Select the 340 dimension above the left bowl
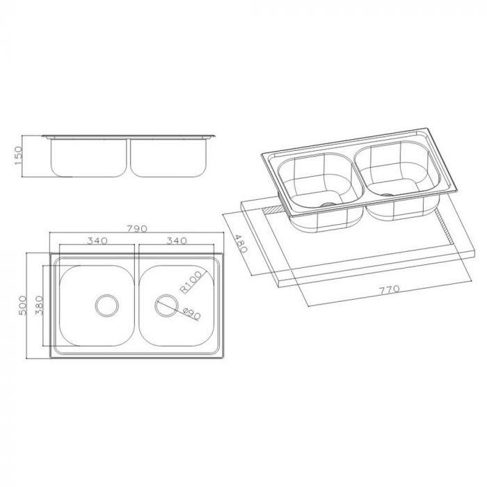[x=97, y=241]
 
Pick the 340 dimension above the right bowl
[x=177, y=241]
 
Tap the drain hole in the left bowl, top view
[x=107, y=304]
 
